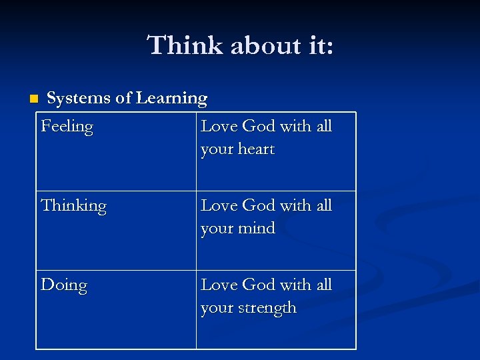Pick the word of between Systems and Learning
coord(123,99)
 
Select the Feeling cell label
coord(67,127)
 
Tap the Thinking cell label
coord(73,206)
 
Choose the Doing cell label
coord(64,285)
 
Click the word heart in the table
coord(257,149)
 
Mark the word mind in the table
coord(257,228)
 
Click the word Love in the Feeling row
coord(219,126)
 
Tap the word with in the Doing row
coord(297,285)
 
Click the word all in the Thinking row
coord(324,205)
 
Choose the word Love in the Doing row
coord(219,285)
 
